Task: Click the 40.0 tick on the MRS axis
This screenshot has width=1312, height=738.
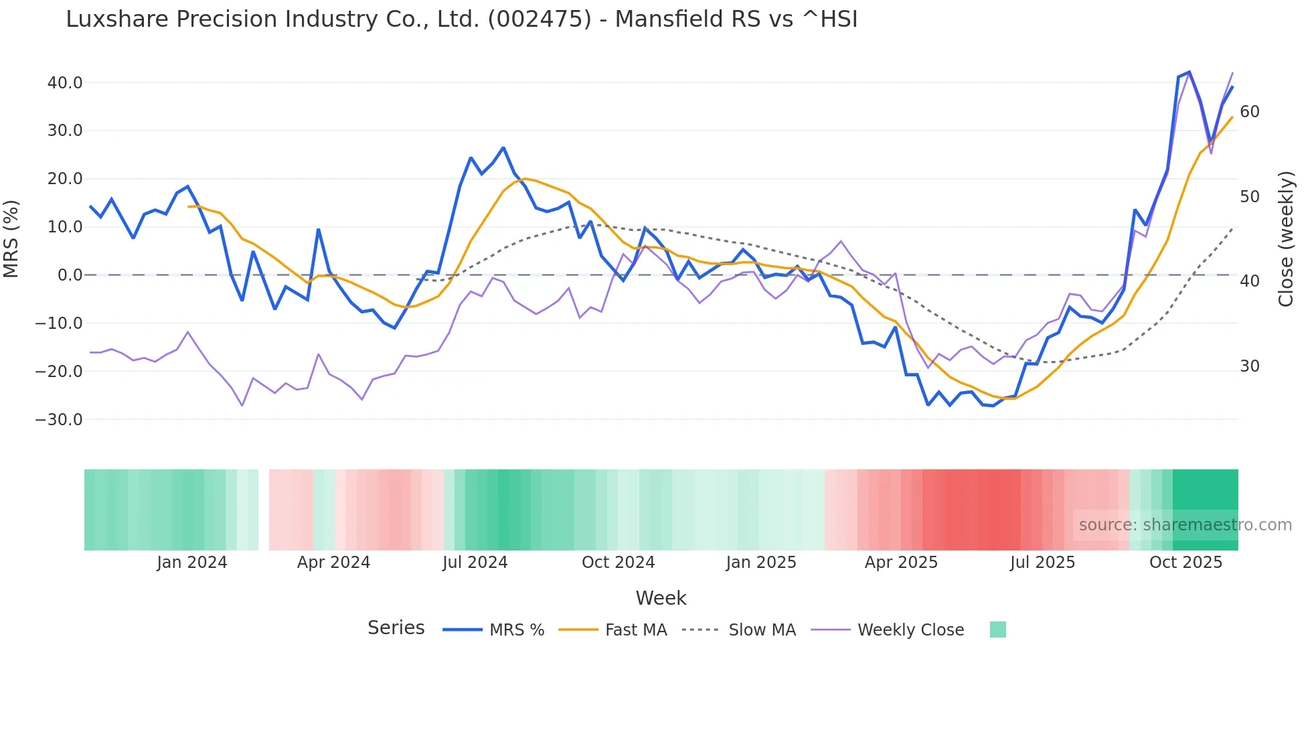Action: pyautogui.click(x=64, y=83)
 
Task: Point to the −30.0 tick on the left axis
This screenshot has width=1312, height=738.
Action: pyautogui.click(x=59, y=420)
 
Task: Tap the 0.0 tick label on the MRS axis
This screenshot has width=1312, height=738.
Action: pyautogui.click(x=70, y=275)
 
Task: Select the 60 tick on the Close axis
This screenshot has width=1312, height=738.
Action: pyautogui.click(x=1250, y=112)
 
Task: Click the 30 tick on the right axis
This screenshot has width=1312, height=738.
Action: pyautogui.click(x=1250, y=366)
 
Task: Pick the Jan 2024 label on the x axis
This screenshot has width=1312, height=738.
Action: pyautogui.click(x=192, y=563)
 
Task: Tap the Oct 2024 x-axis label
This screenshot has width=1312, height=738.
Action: pyautogui.click(x=618, y=563)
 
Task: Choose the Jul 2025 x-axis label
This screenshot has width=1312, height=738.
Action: pyautogui.click(x=1042, y=563)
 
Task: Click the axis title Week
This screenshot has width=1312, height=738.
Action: pyautogui.click(x=661, y=598)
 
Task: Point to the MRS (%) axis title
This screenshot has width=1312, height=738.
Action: pyautogui.click(x=11, y=239)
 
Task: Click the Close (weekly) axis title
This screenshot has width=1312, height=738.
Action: pyautogui.click(x=1286, y=239)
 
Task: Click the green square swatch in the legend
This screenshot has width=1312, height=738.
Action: pyautogui.click(x=997, y=630)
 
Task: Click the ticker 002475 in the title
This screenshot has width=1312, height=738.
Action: pyautogui.click(x=540, y=19)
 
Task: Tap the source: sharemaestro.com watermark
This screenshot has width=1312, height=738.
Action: pyautogui.click(x=1185, y=525)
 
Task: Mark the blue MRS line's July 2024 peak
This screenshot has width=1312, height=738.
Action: pyautogui.click(x=503, y=148)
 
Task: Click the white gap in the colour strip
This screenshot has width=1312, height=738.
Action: pyautogui.click(x=264, y=510)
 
